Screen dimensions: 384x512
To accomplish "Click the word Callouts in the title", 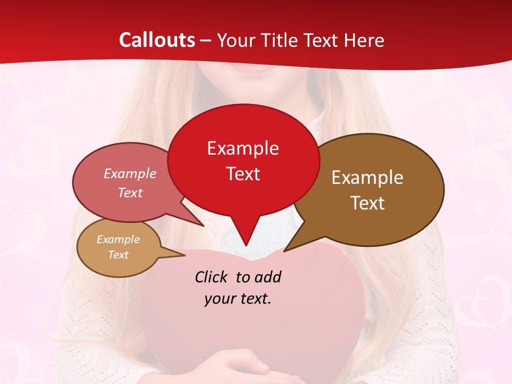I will pos(157,40).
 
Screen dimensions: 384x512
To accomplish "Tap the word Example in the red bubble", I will pos(243,148).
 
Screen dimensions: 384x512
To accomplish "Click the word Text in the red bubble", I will pos(243,174).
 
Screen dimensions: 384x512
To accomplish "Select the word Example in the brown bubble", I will pos(367,178).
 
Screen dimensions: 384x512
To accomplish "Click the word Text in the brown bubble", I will pos(367,203).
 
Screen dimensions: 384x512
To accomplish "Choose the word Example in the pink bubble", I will pos(130,173).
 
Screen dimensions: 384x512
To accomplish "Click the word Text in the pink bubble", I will pos(130,193).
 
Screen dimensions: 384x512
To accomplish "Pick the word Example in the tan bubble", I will pos(118,239).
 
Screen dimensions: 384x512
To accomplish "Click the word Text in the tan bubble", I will pos(118,255).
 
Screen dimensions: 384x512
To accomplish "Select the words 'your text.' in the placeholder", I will pos(238,299).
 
